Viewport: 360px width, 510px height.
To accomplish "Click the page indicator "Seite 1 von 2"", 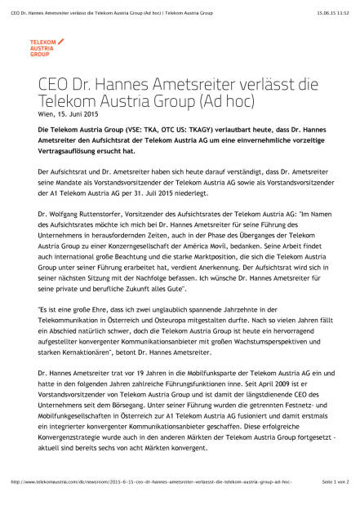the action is click(x=335, y=504).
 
